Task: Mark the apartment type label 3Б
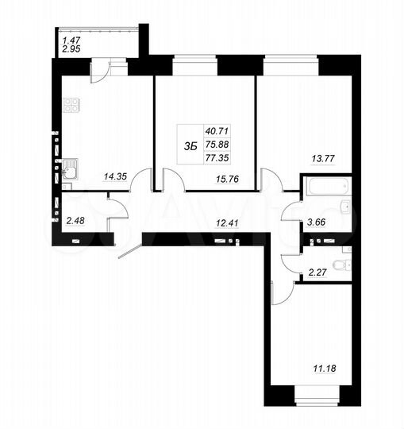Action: [x=190, y=145]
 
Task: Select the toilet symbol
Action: [x=341, y=264]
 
